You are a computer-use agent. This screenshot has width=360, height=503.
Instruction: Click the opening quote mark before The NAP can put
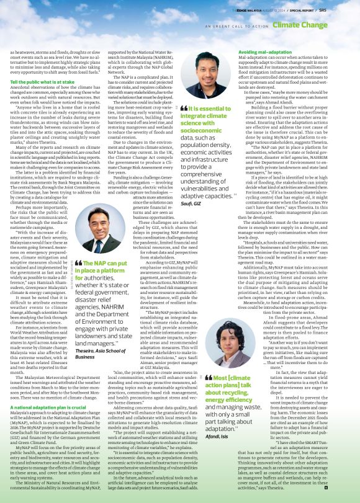click(x=79, y=262)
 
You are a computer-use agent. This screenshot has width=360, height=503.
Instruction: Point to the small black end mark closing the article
click(x=326, y=488)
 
